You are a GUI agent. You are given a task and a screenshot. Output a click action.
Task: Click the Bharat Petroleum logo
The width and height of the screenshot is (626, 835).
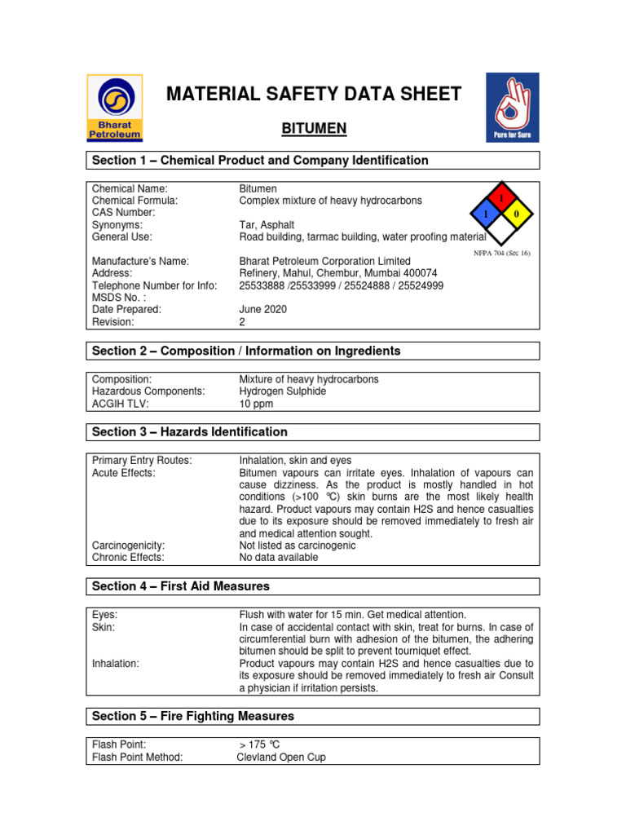pos(115,107)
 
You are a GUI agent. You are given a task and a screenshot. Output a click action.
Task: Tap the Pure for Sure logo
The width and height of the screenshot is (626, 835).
pos(512,107)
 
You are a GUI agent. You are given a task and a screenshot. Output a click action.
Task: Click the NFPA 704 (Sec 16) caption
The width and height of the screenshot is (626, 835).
pos(502,253)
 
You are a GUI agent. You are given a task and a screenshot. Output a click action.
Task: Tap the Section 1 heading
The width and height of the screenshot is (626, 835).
pos(260,161)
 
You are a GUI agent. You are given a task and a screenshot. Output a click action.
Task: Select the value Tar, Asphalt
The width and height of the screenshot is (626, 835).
pos(267,224)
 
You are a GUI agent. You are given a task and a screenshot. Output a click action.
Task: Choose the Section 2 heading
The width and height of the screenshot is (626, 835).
pos(246,351)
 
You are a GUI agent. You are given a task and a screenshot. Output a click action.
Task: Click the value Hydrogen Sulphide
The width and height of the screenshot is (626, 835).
pos(282,391)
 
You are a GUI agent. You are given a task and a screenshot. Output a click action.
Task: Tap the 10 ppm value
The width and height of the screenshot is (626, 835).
pos(256,404)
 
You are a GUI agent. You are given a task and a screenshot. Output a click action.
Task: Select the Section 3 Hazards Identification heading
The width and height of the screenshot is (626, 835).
pos(190,431)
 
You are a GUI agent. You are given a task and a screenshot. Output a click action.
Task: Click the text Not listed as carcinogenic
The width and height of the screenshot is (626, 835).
pos(297,546)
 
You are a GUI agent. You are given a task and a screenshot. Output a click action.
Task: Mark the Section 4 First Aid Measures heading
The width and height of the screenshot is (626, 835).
pos(181,586)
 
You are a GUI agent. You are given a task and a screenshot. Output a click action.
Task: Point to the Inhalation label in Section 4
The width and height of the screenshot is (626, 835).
pos(116,664)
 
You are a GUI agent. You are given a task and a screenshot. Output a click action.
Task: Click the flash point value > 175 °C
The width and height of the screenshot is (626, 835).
pos(259,744)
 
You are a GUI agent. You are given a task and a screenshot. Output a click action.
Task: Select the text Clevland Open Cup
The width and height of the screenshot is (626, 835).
pos(281,757)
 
